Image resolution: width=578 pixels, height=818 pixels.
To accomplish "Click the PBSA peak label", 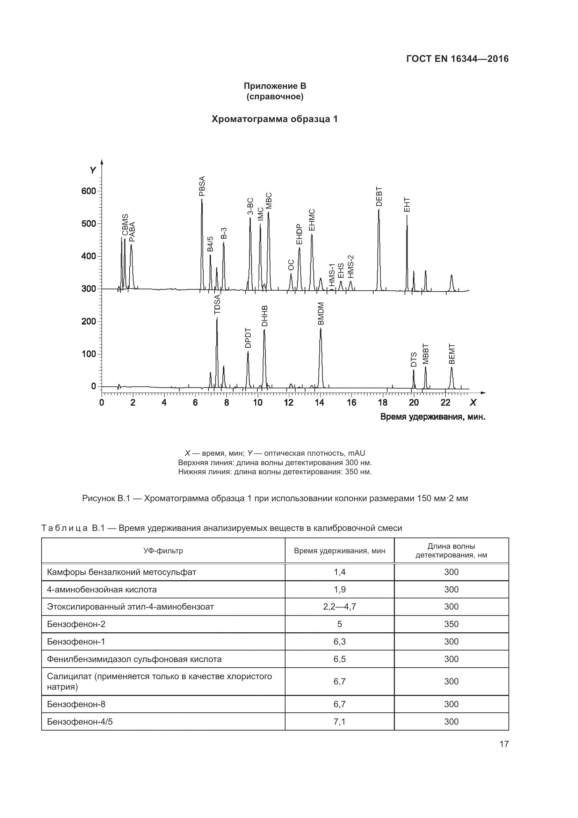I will tap(202, 186).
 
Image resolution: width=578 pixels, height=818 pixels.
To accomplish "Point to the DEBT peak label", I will tap(379, 196).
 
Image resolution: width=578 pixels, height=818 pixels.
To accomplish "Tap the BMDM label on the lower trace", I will tap(321, 313).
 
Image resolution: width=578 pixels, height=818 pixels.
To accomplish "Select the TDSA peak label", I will tap(217, 304).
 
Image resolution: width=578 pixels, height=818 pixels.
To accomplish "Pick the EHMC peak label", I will tap(312, 220).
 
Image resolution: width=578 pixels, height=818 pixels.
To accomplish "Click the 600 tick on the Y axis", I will tap(89, 191).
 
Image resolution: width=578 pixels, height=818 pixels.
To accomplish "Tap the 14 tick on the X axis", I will tap(320, 403).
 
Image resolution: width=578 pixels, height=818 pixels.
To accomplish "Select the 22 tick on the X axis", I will tap(445, 403).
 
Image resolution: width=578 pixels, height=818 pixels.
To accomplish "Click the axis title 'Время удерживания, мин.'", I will tap(433, 417).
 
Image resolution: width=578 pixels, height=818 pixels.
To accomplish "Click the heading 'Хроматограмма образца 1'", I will tap(274, 119).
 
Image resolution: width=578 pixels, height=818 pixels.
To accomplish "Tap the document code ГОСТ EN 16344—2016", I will tap(457, 59).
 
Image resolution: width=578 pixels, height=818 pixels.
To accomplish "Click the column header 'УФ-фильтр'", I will tap(163, 551).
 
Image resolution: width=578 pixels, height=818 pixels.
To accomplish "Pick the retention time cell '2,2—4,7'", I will tap(340, 607).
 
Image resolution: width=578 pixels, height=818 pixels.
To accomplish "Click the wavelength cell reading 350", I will tap(451, 624).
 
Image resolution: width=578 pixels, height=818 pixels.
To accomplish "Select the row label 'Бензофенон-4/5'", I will tap(80, 722).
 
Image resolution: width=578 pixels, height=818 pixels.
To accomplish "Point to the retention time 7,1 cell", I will tap(340, 722).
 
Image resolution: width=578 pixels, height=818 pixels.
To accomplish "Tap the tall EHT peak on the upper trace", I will tap(407, 249).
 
